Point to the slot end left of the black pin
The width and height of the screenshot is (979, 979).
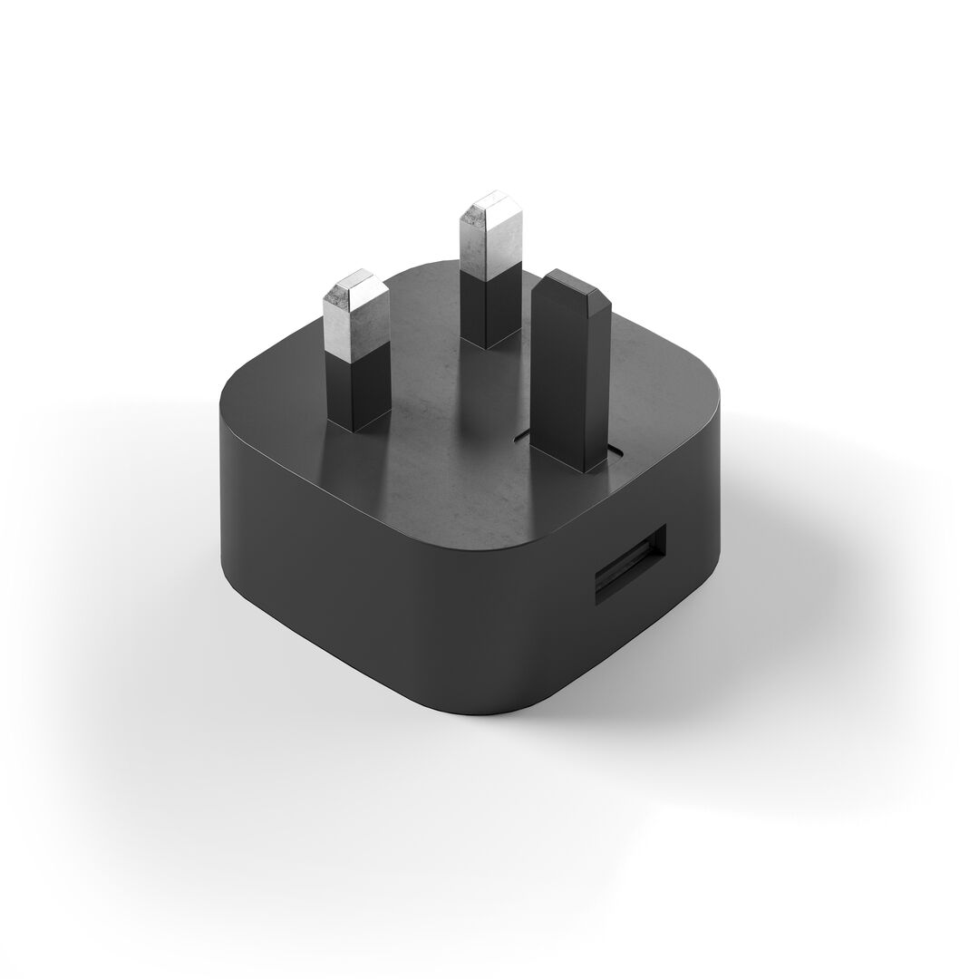tap(520, 437)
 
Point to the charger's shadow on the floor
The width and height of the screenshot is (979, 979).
tap(771, 589)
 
